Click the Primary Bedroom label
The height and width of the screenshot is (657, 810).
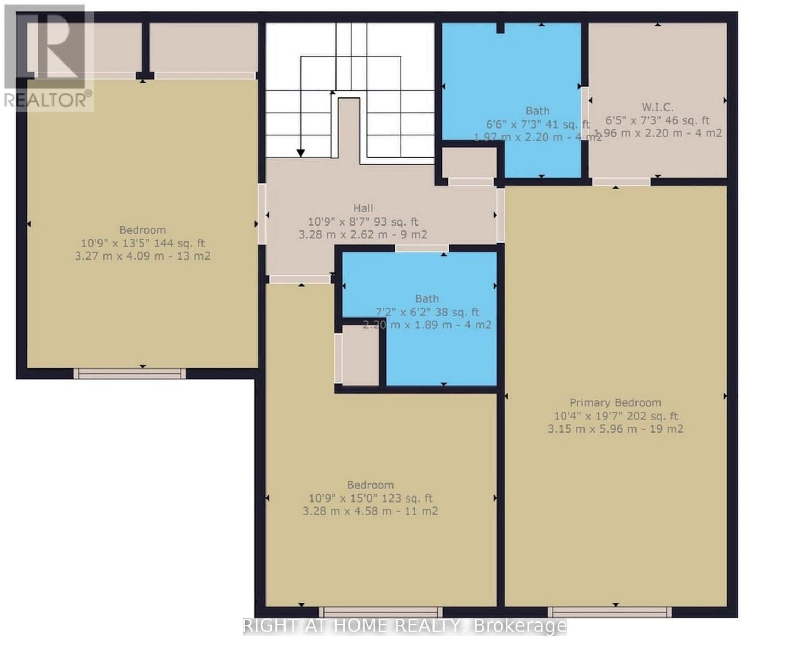click(615, 402)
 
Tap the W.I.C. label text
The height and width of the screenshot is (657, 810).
click(657, 107)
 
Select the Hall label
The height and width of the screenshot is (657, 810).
click(363, 208)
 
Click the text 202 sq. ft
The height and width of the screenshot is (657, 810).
click(647, 416)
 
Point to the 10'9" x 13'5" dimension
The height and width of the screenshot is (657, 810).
click(112, 243)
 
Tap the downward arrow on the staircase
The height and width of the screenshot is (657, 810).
click(300, 153)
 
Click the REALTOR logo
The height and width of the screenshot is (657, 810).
click(48, 57)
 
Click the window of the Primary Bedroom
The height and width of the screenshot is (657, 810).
click(610, 612)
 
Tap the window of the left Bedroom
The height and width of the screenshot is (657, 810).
click(130, 373)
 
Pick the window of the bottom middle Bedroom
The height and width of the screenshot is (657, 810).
click(380, 612)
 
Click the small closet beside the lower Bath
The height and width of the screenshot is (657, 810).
click(359, 355)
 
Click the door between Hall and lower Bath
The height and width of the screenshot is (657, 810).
click(421, 249)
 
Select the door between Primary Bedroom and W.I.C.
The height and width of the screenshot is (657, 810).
click(621, 182)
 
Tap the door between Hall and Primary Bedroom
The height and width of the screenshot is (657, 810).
click(500, 215)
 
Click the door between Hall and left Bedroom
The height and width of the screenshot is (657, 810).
click(262, 214)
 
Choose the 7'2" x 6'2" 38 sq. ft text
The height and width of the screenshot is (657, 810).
click(427, 312)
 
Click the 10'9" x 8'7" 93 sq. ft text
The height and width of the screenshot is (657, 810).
click(363, 222)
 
